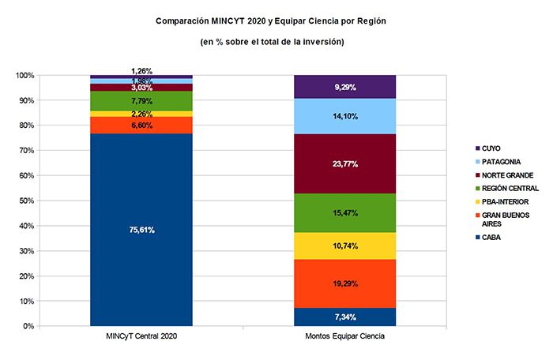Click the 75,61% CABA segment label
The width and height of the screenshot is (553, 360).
(141, 231)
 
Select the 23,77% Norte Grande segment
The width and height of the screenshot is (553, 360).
(344, 164)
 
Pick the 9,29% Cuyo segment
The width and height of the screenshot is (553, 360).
(344, 87)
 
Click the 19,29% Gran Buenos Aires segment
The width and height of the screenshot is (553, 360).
(344, 282)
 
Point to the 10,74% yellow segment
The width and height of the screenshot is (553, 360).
(344, 246)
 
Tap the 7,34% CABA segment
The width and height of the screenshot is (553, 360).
(344, 317)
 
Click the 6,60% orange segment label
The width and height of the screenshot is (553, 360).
(141, 126)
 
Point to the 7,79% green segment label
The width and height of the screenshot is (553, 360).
(141, 101)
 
